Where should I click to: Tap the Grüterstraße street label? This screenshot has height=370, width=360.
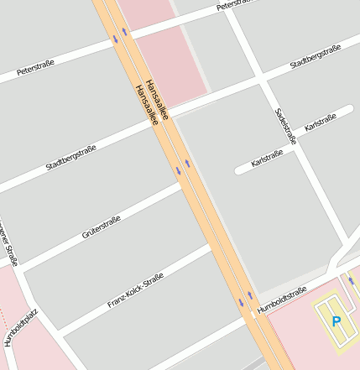(102, 227)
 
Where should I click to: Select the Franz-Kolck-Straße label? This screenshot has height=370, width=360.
(135, 293)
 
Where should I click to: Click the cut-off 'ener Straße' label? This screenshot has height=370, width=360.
(8, 244)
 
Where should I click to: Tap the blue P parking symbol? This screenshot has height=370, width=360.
(337, 321)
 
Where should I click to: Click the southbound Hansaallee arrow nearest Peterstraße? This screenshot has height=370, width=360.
(115, 38)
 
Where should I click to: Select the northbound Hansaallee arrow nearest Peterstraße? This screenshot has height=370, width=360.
(126, 32)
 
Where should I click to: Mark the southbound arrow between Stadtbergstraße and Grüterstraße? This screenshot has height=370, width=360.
(178, 171)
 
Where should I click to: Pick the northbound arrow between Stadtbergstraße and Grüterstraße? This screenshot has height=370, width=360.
(188, 164)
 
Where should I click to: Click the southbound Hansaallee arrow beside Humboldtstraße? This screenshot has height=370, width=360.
(240, 301)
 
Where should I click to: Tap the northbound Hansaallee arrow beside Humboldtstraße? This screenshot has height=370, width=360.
(249, 295)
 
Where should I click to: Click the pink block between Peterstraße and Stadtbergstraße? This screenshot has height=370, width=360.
(169, 50)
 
